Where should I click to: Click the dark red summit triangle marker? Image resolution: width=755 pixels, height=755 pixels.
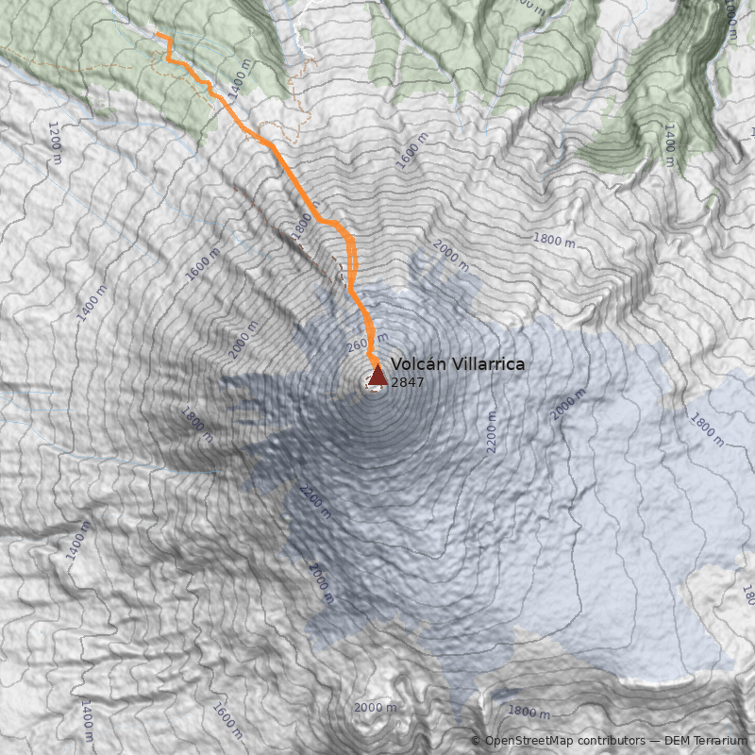pos(377,377)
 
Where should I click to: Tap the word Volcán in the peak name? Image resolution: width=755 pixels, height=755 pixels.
pos(416,364)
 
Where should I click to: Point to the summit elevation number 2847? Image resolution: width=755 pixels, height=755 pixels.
pos(407,383)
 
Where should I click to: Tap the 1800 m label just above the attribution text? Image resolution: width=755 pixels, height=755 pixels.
pos(528,712)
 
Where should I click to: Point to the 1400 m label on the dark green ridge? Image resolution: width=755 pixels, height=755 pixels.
pos(670,144)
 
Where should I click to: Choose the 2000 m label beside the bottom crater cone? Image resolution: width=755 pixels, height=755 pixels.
pos(375,708)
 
